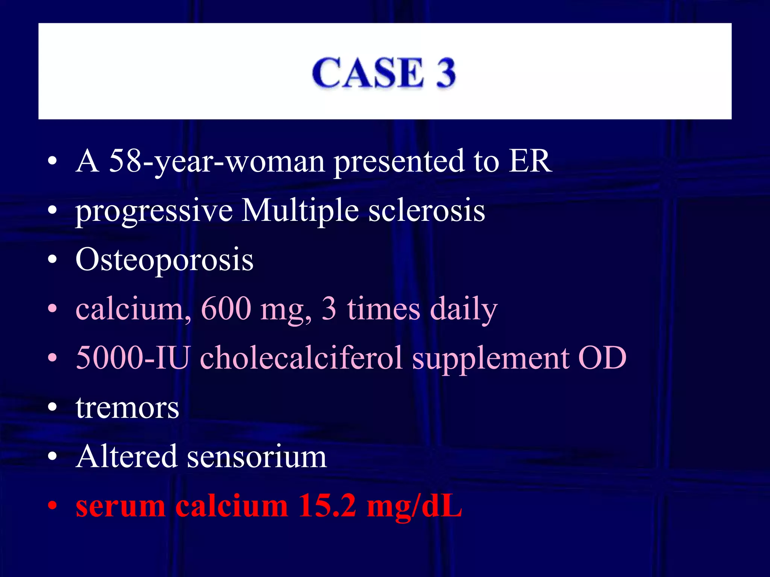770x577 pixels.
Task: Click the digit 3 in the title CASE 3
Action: click(446, 73)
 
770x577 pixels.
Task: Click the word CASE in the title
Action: click(368, 73)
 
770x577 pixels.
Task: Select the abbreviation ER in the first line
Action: click(530, 161)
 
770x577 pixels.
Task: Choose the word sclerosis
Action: click(427, 210)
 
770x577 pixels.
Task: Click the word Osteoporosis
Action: click(164, 260)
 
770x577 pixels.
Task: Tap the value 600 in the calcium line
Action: click(226, 308)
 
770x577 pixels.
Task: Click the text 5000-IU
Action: click(132, 358)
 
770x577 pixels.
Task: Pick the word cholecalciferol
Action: click(301, 358)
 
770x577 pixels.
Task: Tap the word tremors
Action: click(127, 408)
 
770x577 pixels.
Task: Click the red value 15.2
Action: click(327, 506)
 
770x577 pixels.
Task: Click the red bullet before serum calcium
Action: click(53, 506)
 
